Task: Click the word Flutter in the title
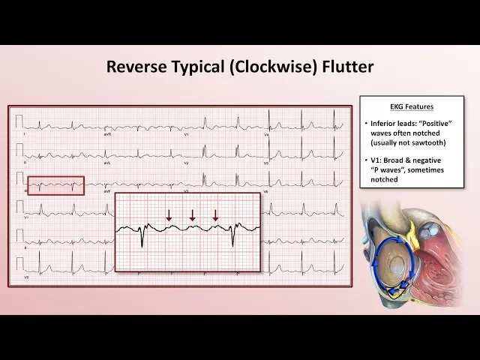pos(342,66)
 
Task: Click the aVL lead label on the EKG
pos(107,162)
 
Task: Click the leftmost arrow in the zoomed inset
pos(169,215)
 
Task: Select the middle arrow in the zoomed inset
pos(193,215)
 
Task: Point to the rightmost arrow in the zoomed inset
pos(216,215)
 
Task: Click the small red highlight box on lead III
pos(56,185)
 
